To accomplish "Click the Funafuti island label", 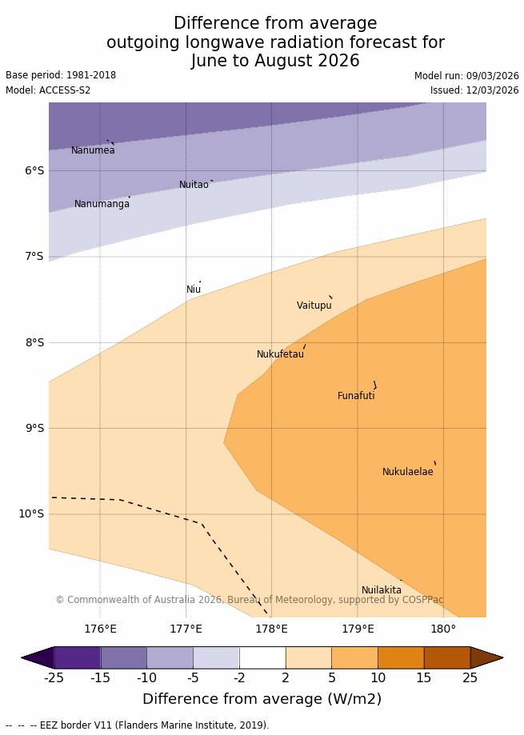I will (356, 396).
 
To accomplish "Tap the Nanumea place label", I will (93, 150).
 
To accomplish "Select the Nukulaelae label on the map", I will (407, 472).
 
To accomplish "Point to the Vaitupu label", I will (314, 306).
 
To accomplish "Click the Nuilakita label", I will (381, 590).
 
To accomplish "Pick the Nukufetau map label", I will (280, 354).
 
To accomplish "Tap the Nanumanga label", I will (102, 204).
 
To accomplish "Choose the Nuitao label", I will (194, 185).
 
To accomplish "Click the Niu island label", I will (194, 290).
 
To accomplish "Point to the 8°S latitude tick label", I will (34, 342).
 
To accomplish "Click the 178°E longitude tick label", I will (271, 629).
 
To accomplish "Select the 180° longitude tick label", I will (443, 629).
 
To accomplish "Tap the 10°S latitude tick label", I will (31, 513).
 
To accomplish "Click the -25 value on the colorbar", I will (54, 677).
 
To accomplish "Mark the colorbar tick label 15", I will (424, 677).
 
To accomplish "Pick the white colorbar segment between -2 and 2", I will (262, 657).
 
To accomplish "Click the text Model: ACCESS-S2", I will (48, 90).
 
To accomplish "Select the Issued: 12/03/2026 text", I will (474, 90).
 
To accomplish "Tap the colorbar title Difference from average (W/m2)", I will (262, 699).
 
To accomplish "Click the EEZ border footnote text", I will (138, 725).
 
